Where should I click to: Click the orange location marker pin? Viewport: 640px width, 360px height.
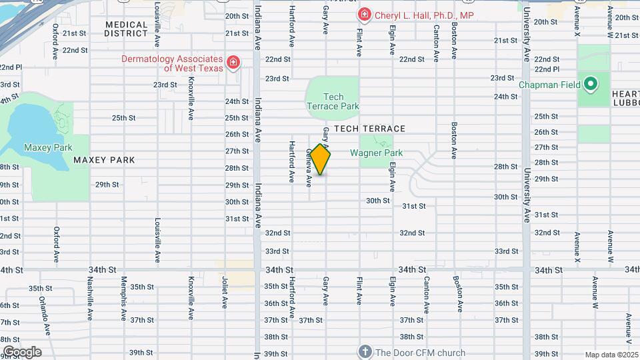321,159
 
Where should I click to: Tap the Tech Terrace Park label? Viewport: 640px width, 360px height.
333,101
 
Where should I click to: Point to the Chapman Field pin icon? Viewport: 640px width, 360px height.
590,85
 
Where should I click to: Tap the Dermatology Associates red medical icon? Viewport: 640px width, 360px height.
233,63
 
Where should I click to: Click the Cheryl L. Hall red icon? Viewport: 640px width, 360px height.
365,15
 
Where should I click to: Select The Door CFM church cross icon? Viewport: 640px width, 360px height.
365,351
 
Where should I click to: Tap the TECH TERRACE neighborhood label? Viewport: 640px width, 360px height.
369,129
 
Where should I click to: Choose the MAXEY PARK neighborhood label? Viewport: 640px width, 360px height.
104,160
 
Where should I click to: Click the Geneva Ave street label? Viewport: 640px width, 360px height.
309,167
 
